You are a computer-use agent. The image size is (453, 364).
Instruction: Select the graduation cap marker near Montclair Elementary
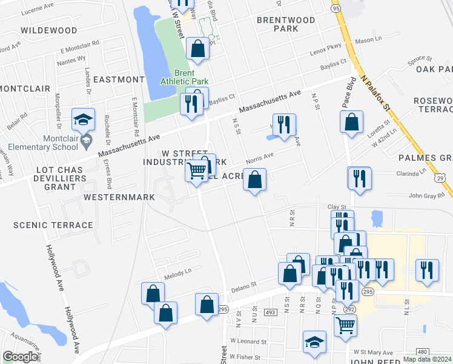[83, 120]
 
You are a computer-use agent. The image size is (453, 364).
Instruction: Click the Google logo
[21, 356]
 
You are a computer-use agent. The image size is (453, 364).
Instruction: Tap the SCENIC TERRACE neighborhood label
[53, 225]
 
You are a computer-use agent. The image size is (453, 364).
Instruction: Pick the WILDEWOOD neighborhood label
[48, 30]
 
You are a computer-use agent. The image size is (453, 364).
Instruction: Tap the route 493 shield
[270, 312]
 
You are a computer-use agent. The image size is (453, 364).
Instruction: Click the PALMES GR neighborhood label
[425, 158]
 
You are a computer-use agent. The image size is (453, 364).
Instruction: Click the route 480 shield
[423, 352]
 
